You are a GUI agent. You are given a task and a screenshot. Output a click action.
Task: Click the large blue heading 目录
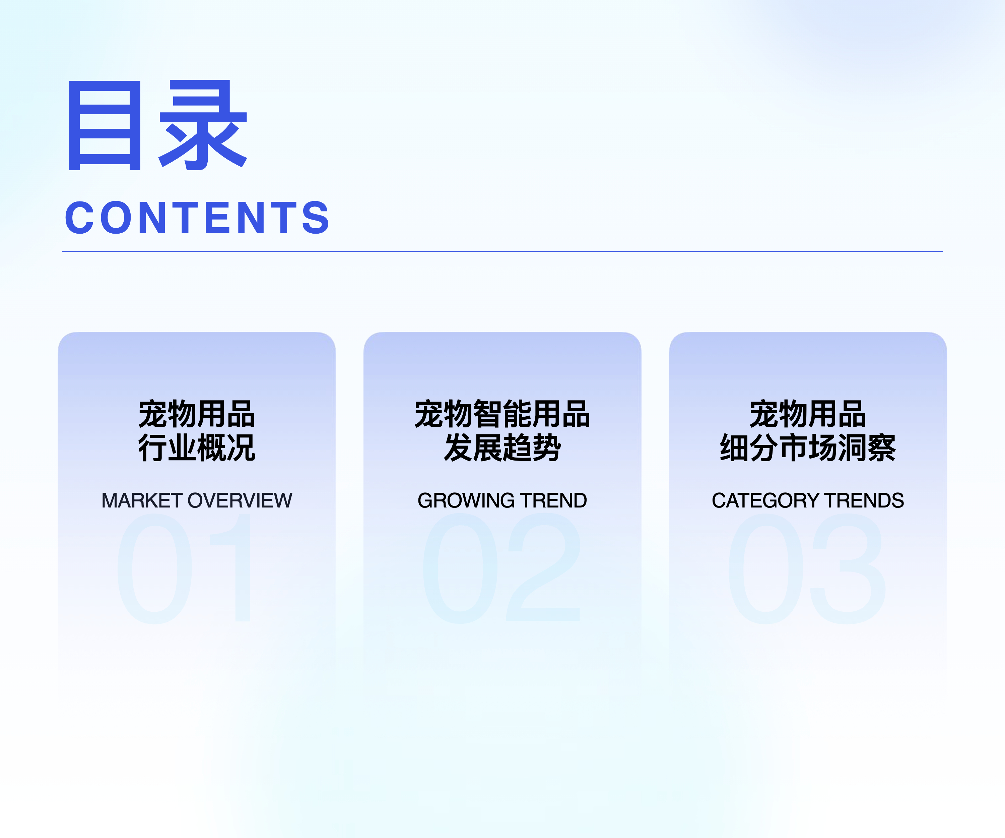pos(158,125)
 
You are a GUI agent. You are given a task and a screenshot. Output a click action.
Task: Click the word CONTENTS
pos(197,218)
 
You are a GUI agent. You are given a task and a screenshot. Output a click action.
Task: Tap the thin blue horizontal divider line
pos(503,251)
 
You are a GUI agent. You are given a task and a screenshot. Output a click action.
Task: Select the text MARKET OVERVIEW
pos(197,500)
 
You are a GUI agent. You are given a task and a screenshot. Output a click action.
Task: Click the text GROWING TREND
pos(502,500)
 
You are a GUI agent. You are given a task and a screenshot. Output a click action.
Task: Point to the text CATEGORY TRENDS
pos(808,500)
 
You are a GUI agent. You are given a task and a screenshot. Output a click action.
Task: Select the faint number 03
pos(807,568)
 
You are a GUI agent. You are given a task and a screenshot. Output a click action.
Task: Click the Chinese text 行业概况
pos(197,448)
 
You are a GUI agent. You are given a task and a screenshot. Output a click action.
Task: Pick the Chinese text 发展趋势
pos(503,448)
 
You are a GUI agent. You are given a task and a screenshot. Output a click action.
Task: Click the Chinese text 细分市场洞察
pos(808,448)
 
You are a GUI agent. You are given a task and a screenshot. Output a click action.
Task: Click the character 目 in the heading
pos(105,125)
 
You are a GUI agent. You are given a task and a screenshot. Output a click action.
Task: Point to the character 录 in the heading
pos(203,125)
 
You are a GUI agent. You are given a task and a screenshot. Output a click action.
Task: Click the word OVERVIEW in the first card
pos(240,500)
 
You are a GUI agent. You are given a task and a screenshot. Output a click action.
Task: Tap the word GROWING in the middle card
pos(466,500)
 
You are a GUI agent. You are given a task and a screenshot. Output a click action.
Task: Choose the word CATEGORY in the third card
pos(765,500)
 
